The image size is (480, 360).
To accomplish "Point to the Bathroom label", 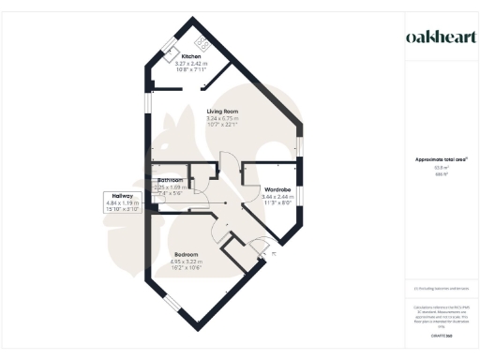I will click(x=170, y=179).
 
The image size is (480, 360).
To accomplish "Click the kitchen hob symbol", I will click(x=202, y=41).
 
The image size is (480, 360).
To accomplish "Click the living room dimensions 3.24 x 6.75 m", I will click(x=223, y=118).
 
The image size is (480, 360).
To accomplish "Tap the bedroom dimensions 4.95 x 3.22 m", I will click(x=187, y=262).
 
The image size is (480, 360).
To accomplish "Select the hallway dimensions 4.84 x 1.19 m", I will click(x=122, y=202).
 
